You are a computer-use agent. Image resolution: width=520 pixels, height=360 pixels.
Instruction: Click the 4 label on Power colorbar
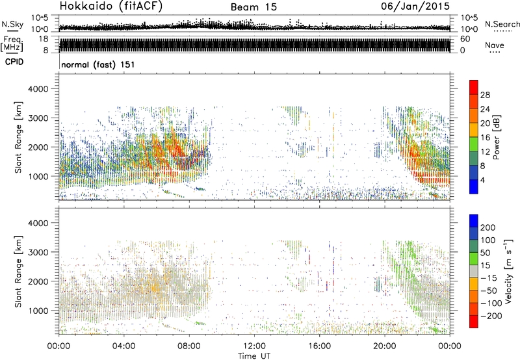[485, 179]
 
